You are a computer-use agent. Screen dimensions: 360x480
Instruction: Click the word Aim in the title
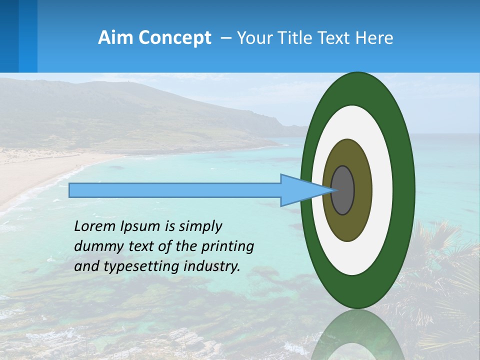pos(116,37)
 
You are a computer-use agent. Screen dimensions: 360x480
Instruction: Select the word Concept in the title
pos(175,37)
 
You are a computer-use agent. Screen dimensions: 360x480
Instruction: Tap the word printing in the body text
pos(227,247)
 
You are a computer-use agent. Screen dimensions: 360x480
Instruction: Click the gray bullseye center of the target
pos(342,190)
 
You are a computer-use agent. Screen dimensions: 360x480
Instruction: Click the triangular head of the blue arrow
pos(300,190)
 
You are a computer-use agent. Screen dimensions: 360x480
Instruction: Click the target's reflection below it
pos(357,335)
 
